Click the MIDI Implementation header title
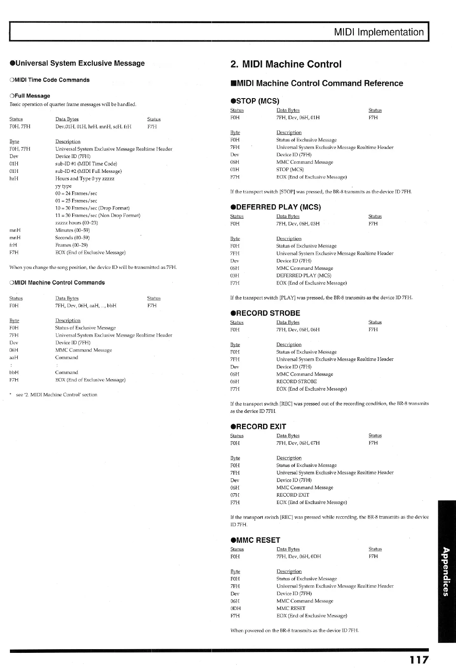tap(379, 32)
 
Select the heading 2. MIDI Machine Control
tap(286, 64)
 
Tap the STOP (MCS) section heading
tap(254, 101)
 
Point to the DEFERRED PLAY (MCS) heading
tap(275, 207)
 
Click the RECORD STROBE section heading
tap(265, 313)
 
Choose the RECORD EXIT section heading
tap(258, 426)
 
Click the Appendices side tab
tap(447, 571)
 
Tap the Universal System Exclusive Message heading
tap(77, 63)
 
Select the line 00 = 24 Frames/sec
tap(76, 193)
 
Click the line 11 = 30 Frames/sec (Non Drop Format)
tap(98, 216)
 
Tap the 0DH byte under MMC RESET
tap(235, 608)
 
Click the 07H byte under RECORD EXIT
tap(235, 495)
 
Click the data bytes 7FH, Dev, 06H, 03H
tap(298, 224)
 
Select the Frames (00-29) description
tap(71, 245)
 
